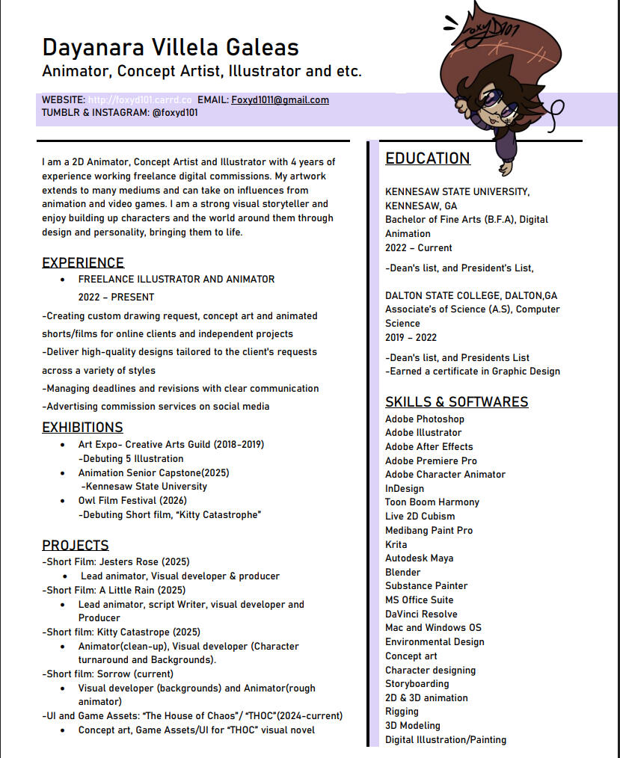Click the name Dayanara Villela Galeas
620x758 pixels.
click(x=171, y=47)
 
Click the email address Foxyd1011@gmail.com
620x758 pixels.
click(x=280, y=100)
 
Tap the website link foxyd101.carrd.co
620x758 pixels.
click(x=140, y=100)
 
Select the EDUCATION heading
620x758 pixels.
click(x=428, y=158)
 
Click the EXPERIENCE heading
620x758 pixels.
click(x=83, y=263)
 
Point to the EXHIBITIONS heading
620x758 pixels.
click(x=82, y=428)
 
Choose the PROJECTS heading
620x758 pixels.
click(x=76, y=546)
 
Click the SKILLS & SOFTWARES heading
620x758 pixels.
click(x=457, y=402)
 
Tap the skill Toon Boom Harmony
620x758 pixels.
click(x=432, y=502)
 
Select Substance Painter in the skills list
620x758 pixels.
click(x=426, y=586)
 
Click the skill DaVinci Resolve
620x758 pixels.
click(x=421, y=614)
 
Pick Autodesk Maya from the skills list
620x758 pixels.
click(x=420, y=558)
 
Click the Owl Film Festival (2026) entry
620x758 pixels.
click(x=132, y=501)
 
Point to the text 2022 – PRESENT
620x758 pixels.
click(x=116, y=297)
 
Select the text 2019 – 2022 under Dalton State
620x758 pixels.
click(x=411, y=338)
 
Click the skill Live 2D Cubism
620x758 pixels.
click(x=420, y=517)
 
